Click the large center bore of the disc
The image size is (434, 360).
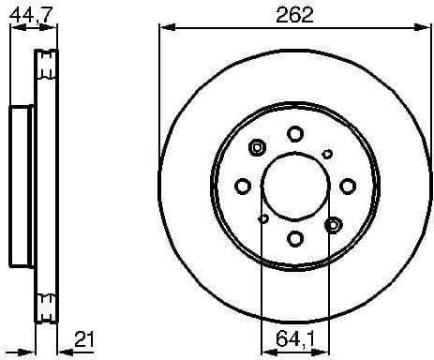293,186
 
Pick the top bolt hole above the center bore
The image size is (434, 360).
294,132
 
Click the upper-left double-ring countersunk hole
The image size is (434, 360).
257,147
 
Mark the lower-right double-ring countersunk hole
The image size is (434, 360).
332,224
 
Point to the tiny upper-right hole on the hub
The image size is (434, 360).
327,153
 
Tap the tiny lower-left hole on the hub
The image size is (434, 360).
263,219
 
